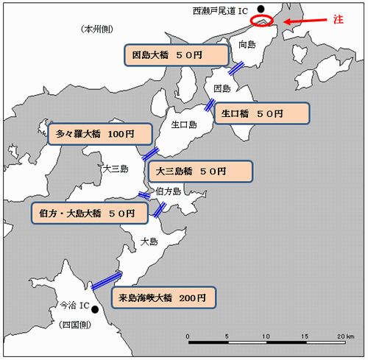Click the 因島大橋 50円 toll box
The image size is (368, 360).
pyautogui.click(x=177, y=55)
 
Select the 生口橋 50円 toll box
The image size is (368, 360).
pyautogui.click(x=262, y=113)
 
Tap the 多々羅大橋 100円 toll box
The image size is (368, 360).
pyautogui.click(x=100, y=134)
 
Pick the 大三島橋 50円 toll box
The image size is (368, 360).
pyautogui.click(x=200, y=172)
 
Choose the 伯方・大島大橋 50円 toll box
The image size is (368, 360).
pyautogui.click(x=90, y=213)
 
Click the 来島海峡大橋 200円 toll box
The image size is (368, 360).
pyautogui.click(x=163, y=297)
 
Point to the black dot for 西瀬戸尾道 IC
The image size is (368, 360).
pyautogui.click(x=261, y=9)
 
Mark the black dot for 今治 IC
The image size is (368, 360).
pyautogui.click(x=95, y=309)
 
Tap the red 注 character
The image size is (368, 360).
pyautogui.click(x=339, y=19)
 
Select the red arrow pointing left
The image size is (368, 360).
pyautogui.click(x=305, y=21)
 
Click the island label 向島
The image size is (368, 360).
pyautogui.click(x=247, y=45)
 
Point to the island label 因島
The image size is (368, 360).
pyautogui.click(x=222, y=88)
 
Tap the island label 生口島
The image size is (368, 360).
pyautogui.click(x=184, y=124)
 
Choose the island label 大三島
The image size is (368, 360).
pyautogui.click(x=116, y=169)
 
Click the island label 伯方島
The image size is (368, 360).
pyautogui.click(x=169, y=191)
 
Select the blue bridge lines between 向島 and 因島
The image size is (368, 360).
pyautogui.click(x=236, y=68)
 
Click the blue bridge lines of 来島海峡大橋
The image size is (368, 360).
pyautogui.click(x=107, y=280)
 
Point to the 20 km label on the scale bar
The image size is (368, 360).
pyautogui.click(x=346, y=336)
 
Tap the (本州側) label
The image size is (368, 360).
pyautogui.click(x=97, y=29)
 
